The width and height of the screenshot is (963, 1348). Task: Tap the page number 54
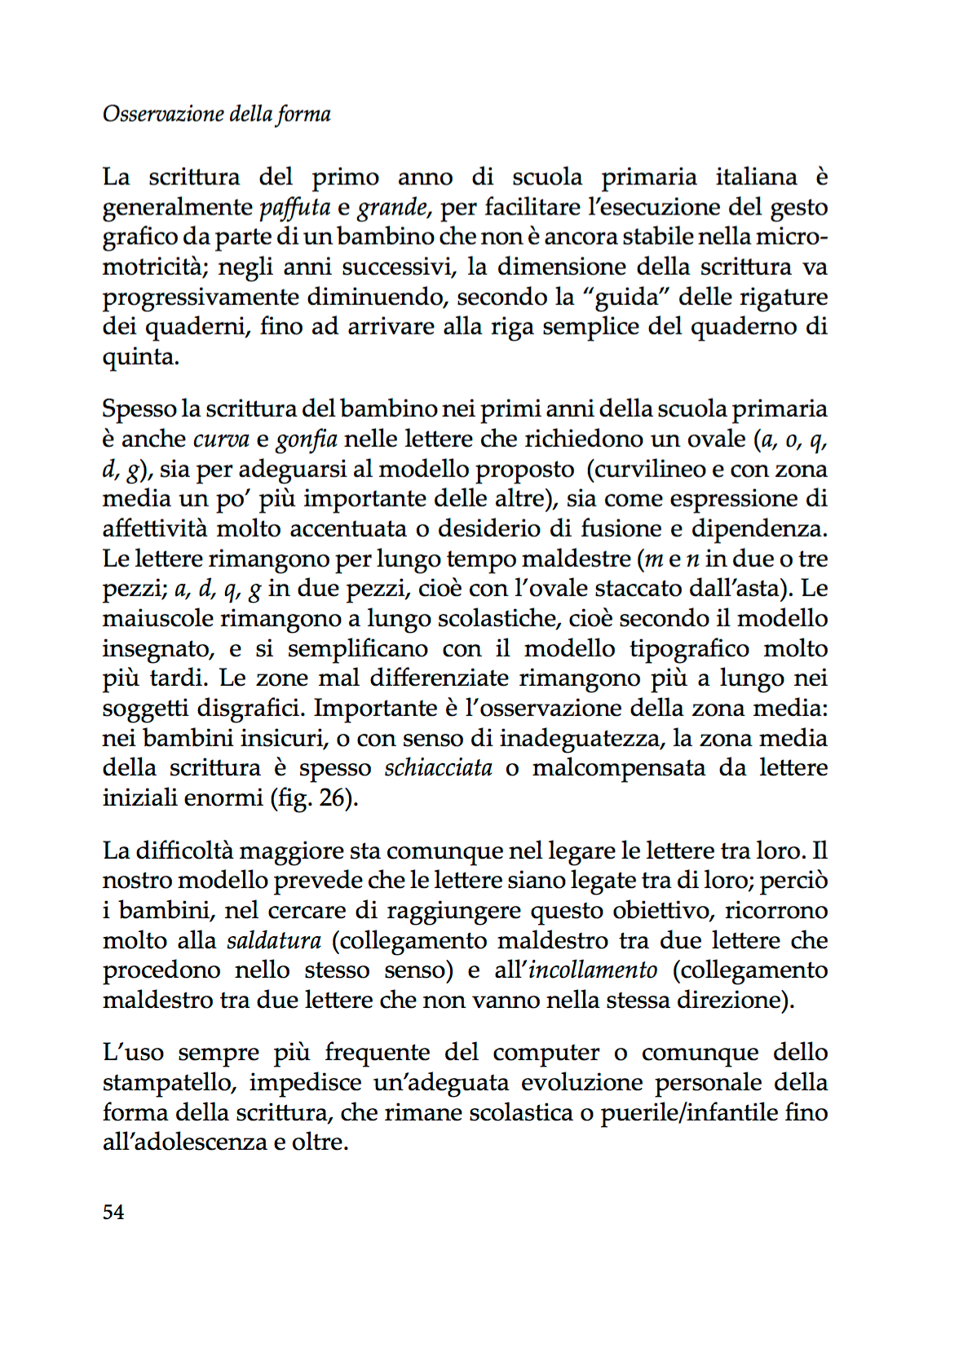click(x=113, y=1212)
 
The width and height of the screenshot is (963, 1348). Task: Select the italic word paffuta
click(x=294, y=207)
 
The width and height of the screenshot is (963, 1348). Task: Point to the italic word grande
click(x=392, y=207)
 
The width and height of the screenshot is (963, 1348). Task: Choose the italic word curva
click(x=221, y=439)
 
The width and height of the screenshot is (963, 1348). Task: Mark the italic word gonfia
click(x=307, y=440)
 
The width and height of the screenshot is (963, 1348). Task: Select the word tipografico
click(x=689, y=648)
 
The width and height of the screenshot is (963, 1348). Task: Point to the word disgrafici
click(x=250, y=708)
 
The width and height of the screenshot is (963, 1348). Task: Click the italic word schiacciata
click(x=438, y=768)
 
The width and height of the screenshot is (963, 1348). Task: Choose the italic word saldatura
click(x=273, y=940)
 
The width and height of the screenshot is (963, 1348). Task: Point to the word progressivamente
click(x=201, y=297)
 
